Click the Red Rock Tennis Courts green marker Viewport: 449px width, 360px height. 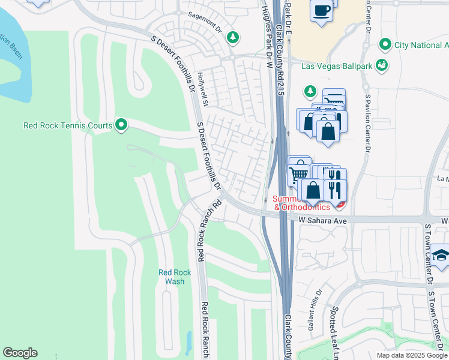pos(121,125)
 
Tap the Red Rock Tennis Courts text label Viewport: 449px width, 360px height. pos(68,126)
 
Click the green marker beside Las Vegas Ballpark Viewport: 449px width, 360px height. pos(381,65)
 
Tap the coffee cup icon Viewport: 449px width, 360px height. pos(321,11)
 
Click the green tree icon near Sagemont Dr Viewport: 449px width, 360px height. pos(233,38)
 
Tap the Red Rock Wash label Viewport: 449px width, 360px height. pos(175,277)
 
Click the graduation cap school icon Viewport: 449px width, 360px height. pos(441,255)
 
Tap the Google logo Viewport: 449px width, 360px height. pos(20,353)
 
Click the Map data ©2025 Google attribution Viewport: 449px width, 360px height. pos(411,355)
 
